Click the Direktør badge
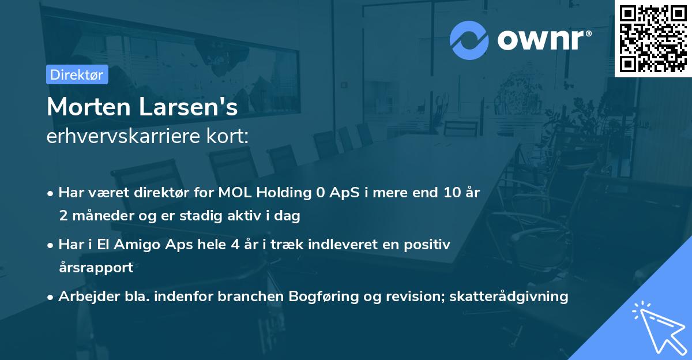click(77, 74)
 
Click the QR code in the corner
click(653, 38)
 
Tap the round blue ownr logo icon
click(469, 40)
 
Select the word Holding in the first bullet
click(283, 192)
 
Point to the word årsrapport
click(96, 268)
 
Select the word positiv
click(428, 244)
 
